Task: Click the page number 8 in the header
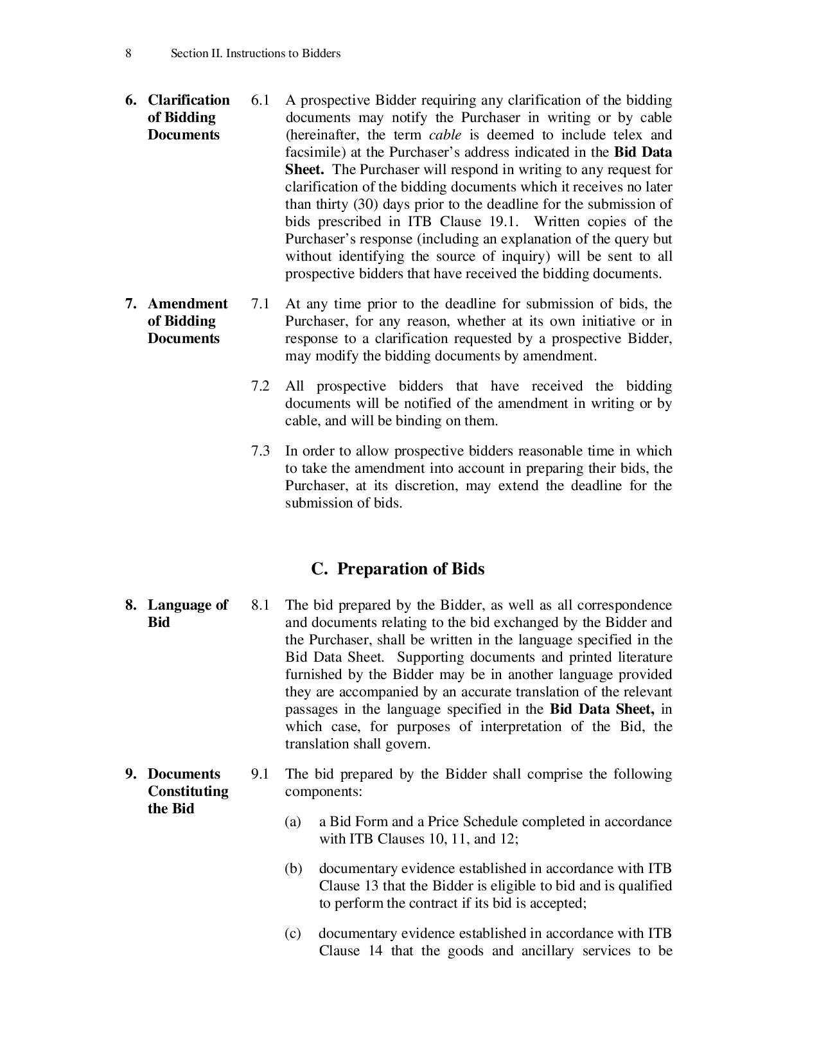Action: [128, 53]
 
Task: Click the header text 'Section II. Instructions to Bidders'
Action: [255, 53]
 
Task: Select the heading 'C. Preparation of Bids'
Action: [398, 569]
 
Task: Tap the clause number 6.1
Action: [260, 100]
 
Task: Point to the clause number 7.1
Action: [260, 304]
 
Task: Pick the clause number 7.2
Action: [260, 386]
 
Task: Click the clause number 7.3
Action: [260, 451]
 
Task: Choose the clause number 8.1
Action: [260, 605]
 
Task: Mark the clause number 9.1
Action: [260, 774]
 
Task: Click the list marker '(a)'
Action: [293, 822]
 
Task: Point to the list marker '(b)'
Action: [293, 869]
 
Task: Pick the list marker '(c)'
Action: [293, 933]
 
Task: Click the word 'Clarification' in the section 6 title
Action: [188, 100]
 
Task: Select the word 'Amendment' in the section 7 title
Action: [188, 304]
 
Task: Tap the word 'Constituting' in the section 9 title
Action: [188, 791]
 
